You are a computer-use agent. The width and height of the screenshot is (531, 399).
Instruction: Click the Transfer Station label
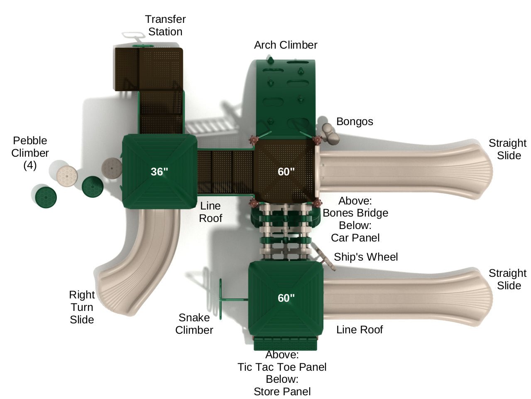(165, 25)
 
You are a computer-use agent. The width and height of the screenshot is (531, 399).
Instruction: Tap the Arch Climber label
(286, 45)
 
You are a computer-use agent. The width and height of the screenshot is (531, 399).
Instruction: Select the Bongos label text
(355, 121)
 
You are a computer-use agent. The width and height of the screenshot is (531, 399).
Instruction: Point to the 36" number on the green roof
(159, 171)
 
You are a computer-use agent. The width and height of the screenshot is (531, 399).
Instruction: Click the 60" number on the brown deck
(286, 171)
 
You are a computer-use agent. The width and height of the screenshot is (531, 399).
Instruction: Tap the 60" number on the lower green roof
(286, 298)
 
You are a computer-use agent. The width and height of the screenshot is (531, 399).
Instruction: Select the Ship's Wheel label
(366, 257)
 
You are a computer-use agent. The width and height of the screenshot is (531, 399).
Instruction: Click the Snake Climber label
(194, 324)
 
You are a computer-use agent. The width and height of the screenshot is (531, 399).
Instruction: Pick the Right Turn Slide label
(82, 307)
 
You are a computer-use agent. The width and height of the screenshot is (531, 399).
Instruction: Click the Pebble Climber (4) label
(30, 153)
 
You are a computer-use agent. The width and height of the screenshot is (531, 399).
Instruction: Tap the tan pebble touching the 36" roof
(112, 167)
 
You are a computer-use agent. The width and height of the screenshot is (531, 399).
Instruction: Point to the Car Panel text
(355, 238)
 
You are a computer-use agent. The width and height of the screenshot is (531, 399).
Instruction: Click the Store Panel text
(282, 392)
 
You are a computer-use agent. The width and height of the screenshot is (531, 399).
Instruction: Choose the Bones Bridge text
(355, 213)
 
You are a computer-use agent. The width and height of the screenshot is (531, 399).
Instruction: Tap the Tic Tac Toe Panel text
(282, 367)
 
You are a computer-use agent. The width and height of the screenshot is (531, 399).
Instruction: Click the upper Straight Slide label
(507, 149)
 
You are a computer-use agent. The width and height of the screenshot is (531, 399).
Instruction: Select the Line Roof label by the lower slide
(360, 330)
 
